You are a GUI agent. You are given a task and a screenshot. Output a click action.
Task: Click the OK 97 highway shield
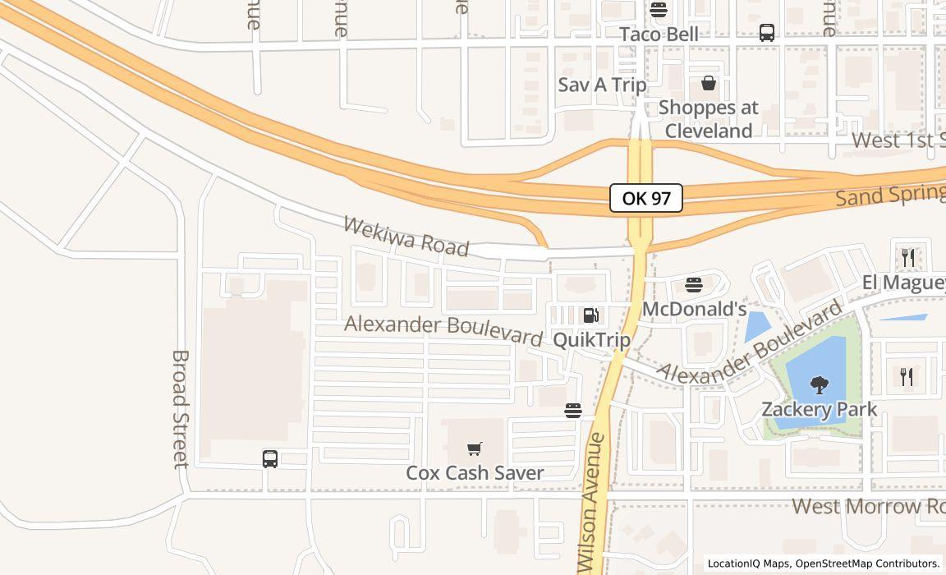click(646, 198)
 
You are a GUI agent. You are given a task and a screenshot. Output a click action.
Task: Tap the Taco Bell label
click(659, 34)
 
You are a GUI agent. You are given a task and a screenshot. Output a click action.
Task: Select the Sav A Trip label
click(602, 85)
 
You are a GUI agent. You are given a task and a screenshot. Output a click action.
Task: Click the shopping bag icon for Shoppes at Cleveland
click(708, 83)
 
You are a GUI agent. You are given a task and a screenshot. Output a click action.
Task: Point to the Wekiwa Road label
click(406, 236)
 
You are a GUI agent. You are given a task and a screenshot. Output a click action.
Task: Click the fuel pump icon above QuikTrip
click(590, 315)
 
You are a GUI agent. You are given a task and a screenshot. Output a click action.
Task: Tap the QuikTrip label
click(591, 339)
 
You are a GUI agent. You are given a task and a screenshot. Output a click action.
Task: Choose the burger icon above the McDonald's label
click(694, 286)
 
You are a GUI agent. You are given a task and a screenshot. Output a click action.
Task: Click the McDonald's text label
click(694, 309)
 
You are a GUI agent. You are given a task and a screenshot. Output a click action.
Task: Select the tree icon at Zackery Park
click(819, 384)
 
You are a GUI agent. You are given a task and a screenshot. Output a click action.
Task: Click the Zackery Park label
click(819, 408)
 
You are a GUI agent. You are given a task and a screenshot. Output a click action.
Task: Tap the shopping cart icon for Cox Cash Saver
click(474, 448)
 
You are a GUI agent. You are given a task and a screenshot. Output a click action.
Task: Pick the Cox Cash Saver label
click(475, 472)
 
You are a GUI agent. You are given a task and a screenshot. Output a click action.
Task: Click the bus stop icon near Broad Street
click(270, 459)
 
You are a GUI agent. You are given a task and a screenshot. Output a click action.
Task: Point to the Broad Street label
click(181, 408)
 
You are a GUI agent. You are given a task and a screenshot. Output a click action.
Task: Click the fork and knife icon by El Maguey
click(907, 258)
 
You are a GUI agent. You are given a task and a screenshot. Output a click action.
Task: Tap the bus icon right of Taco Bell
click(767, 33)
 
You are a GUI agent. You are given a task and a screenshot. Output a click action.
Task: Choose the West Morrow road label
click(869, 506)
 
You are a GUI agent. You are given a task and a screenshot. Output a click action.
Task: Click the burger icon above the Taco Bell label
click(658, 10)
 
